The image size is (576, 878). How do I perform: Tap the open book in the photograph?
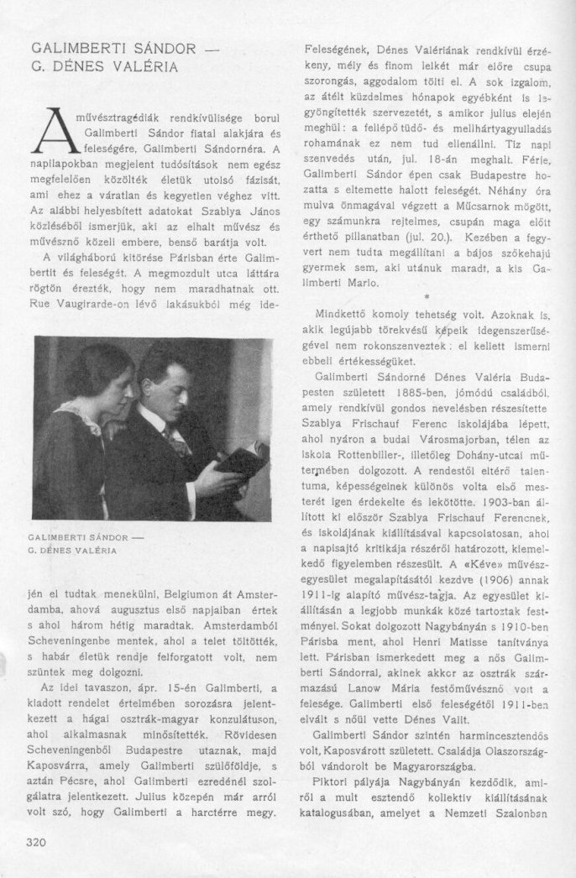[242, 460]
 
